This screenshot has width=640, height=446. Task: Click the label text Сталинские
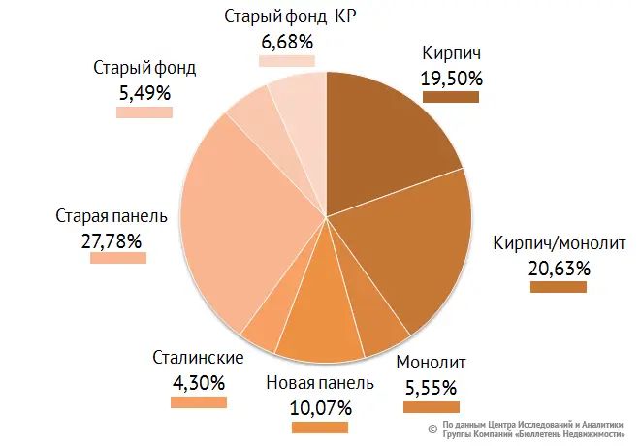pos(198,358)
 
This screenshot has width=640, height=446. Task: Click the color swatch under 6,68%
pos(287,61)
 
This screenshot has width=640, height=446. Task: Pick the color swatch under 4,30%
pos(198,401)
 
